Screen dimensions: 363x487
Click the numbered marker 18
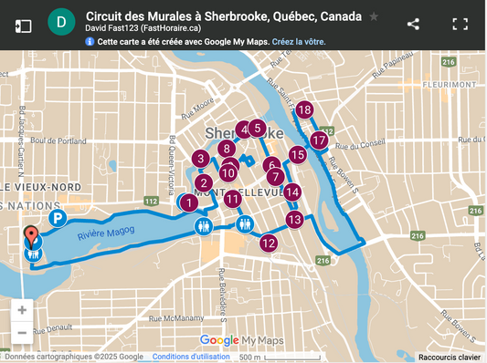point(304,110)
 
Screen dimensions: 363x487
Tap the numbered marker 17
point(318,140)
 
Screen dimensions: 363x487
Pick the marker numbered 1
point(188,202)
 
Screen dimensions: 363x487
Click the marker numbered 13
point(293,219)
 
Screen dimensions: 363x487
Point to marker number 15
point(297,155)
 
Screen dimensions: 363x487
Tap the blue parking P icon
point(57,219)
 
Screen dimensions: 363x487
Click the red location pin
point(31,236)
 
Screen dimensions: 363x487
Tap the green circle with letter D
point(61,22)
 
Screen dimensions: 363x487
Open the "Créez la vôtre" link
point(298,42)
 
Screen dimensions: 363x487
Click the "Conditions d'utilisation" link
point(192,357)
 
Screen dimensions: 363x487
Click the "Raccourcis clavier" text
point(450,357)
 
